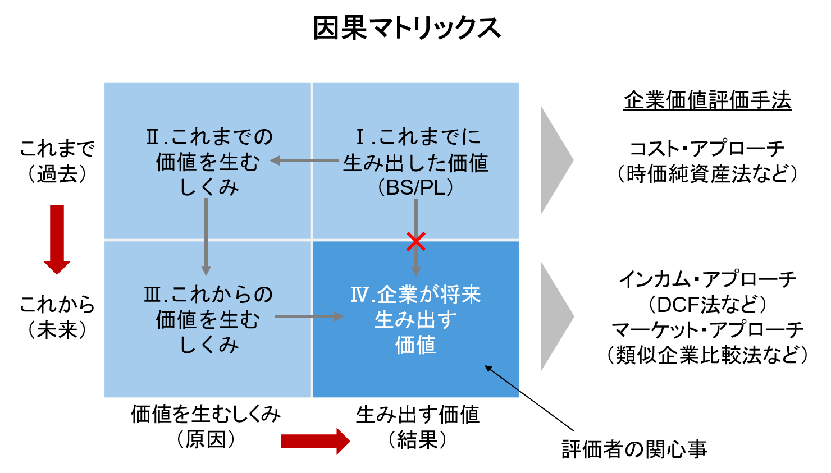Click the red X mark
pos(415,242)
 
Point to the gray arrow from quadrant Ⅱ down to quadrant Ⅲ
pos(206,236)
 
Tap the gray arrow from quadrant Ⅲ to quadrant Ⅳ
pos(309,316)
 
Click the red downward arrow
pos(57,240)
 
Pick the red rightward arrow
pos(315,441)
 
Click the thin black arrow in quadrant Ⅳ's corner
pos(503,378)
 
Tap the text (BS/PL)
pos(415,187)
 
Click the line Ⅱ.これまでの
pos(209,137)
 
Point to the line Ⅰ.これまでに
pos(418,137)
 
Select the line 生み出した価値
pos(415,163)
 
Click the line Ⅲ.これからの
pos(208,295)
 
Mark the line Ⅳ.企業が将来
pos(415,295)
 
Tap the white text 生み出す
pos(415,320)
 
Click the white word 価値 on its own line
pos(415,345)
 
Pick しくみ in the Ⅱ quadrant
pos(209,187)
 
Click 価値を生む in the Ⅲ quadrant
pos(208,320)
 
